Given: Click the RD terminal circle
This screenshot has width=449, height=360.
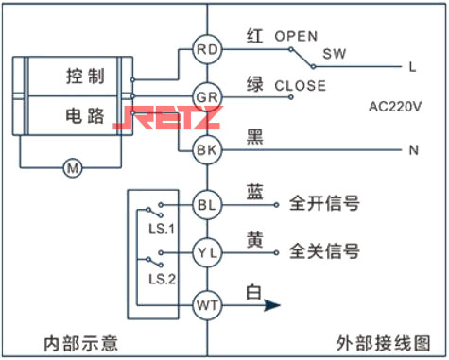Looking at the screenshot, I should coord(206,49).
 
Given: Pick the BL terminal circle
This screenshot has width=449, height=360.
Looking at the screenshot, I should coord(206,204).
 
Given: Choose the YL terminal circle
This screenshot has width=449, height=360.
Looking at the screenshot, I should coord(206,252).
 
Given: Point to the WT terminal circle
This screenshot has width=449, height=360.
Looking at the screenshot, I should coord(206,304).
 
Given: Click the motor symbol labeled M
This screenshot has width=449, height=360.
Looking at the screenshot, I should coord(72,168).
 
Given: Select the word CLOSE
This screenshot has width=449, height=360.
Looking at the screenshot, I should coord(300,85).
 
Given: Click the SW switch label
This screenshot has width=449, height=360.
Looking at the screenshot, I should coord(334,54).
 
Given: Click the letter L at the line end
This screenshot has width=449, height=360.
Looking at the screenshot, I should coord(412,67).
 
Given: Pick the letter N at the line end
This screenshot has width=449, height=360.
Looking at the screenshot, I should coord(412,149).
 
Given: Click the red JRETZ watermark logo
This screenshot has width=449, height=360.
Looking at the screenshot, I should coord(165,118).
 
